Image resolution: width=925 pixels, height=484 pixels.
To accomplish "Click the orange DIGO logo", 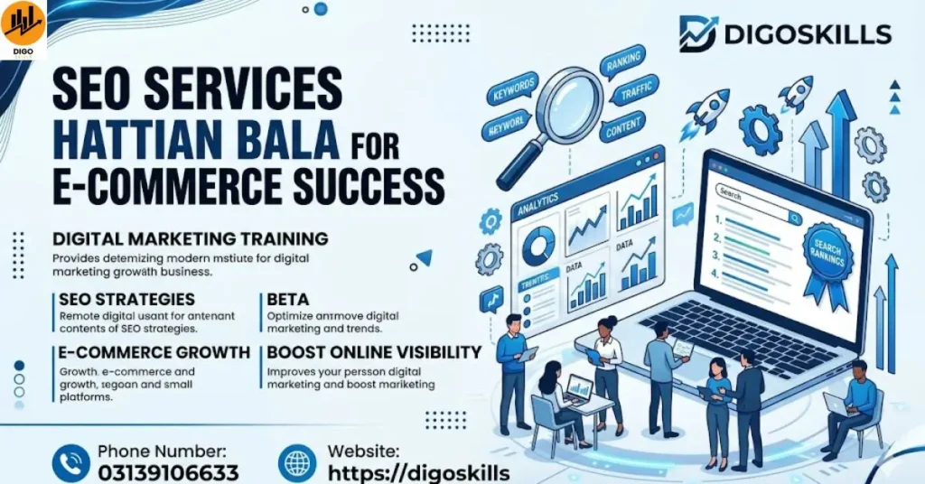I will [x=23, y=27].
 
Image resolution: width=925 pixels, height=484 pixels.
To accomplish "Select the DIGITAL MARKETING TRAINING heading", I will [x=190, y=239].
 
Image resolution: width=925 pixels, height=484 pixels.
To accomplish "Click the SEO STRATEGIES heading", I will [x=126, y=299].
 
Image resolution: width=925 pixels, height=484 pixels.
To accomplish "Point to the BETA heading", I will [x=288, y=299].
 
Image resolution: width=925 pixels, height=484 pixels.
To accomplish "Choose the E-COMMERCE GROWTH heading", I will [x=154, y=352].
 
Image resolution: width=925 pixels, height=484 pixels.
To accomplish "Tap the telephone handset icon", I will [x=70, y=463].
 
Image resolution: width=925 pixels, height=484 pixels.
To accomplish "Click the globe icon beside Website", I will [x=297, y=463].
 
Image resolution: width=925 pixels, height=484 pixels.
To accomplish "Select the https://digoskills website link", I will [x=418, y=473].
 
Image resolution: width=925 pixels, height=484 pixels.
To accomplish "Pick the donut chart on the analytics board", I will [x=539, y=245].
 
